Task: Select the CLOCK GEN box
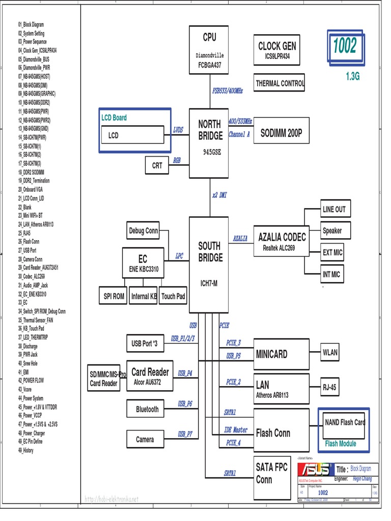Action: [277, 50]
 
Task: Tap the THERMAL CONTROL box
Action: [279, 83]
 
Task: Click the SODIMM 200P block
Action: [281, 133]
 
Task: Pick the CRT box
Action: [157, 165]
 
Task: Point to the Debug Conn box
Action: [143, 231]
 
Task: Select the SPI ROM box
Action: [114, 296]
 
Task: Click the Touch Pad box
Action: [173, 296]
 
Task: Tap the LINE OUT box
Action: [334, 209]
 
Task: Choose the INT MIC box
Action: [331, 274]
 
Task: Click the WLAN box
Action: [330, 352]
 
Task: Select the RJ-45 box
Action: [329, 387]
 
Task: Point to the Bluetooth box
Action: [147, 409]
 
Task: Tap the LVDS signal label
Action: [178, 130]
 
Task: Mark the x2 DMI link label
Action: [219, 195]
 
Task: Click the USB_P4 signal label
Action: [185, 373]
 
